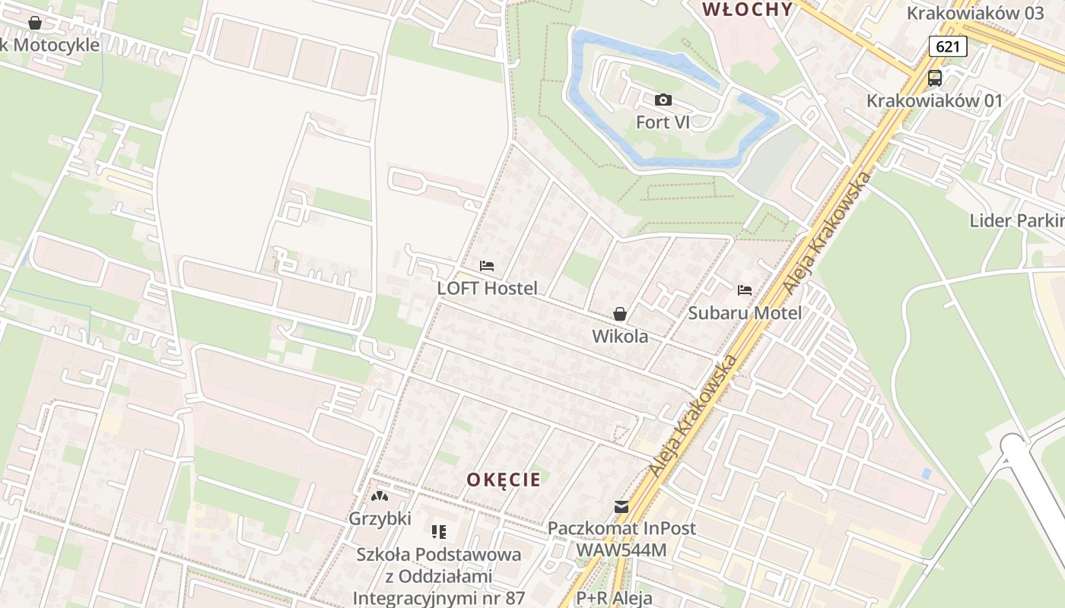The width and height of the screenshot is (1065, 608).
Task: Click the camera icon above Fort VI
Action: coord(663,100)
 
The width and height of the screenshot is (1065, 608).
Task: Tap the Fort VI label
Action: coord(663,122)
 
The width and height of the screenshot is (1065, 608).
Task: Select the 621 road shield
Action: coord(948,46)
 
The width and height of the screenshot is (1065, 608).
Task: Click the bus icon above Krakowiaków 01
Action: coord(935,78)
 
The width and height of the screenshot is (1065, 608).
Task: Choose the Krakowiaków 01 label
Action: coord(934,100)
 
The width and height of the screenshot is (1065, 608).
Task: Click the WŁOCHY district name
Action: coord(747,9)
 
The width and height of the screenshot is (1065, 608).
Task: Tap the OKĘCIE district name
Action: coord(504,480)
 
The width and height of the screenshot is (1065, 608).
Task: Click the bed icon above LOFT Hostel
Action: coord(487,266)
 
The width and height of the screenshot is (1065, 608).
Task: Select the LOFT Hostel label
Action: coord(487,288)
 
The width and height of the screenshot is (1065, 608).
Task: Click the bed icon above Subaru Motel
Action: coord(744,290)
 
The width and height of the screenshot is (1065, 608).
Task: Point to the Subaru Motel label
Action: coord(745,312)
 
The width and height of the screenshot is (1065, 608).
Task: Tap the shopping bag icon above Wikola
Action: coord(620,314)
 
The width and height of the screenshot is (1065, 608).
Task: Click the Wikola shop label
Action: coord(620,336)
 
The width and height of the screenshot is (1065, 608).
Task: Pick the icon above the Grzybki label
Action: coord(379,497)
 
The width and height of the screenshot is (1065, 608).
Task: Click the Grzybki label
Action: coord(380,519)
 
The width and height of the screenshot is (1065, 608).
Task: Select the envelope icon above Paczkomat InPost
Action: coord(622,507)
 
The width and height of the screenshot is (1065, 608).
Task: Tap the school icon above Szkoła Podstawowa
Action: coord(439,532)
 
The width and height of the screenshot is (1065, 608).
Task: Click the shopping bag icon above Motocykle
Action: coord(35,23)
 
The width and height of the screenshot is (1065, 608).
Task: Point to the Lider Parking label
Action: coord(1016,220)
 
